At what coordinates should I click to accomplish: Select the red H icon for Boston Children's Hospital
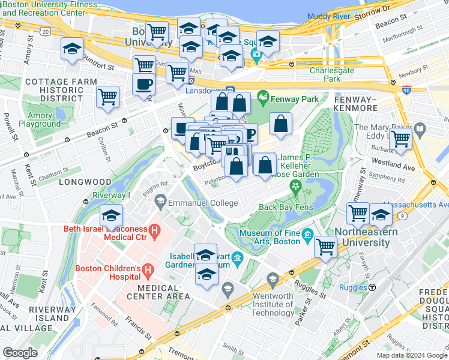click(x=147, y=272)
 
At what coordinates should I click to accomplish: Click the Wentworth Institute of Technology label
click(x=273, y=304)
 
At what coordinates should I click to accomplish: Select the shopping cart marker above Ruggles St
click(x=325, y=245)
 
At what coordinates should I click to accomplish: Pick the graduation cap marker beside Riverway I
click(x=111, y=215)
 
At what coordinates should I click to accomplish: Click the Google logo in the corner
click(x=20, y=353)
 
